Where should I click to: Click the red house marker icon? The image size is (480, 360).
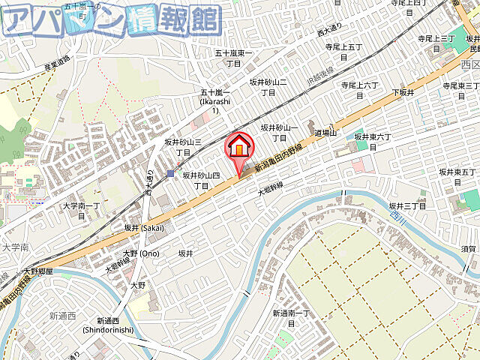click(239, 146)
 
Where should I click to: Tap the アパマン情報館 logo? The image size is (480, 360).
click(112, 21)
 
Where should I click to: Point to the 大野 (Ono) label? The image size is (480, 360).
click(141, 253)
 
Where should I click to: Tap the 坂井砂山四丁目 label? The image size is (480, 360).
click(201, 180)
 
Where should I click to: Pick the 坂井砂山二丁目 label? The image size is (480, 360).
click(268, 87)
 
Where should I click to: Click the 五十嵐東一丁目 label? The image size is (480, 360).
click(233, 58)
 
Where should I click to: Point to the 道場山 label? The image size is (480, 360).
click(325, 132)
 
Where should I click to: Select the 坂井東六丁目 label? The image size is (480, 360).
click(373, 142)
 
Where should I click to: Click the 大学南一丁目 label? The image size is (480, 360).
click(82, 210)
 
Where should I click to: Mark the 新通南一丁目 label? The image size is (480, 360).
click(291, 317)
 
